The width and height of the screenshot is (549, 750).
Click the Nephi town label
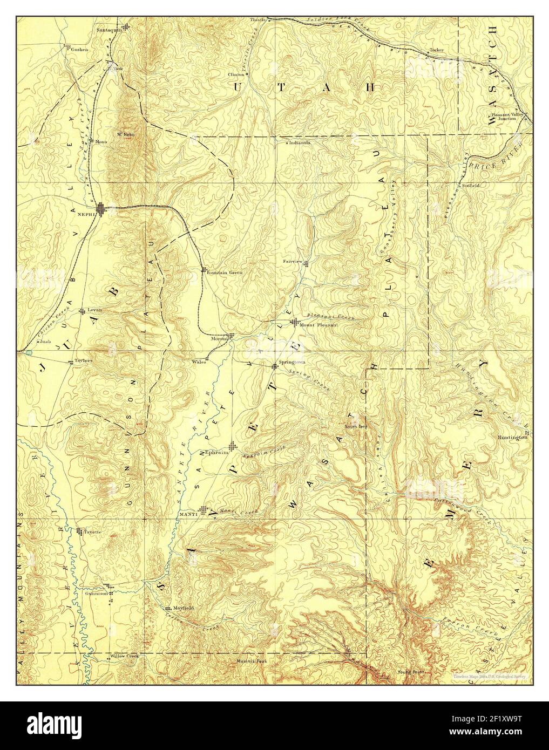pyautogui.click(x=86, y=214)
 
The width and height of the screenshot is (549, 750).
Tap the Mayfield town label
pyautogui.click(x=183, y=608)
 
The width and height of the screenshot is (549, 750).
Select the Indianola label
pyautogui.click(x=299, y=143)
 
